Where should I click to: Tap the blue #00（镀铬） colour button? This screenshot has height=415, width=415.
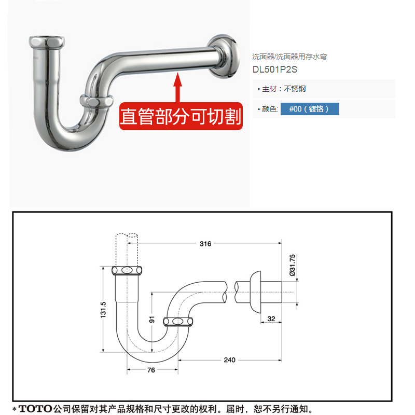click(x=310, y=109)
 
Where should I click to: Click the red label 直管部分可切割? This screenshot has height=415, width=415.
click(x=181, y=116)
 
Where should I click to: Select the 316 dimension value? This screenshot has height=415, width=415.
click(x=205, y=243)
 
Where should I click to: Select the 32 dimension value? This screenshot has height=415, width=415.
click(x=271, y=319)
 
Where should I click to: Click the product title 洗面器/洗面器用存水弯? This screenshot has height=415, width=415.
click(x=289, y=57)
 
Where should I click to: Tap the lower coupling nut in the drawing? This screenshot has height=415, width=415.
click(x=178, y=322)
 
